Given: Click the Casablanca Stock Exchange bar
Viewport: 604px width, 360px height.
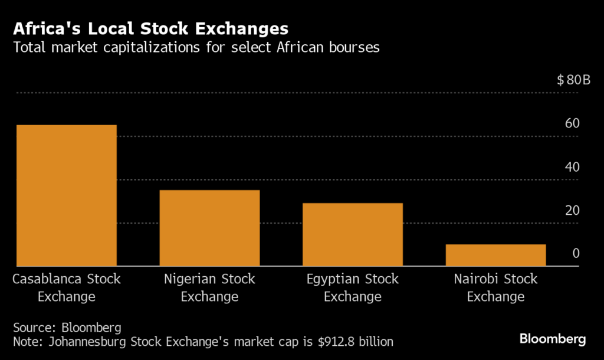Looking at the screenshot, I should [x=67, y=195].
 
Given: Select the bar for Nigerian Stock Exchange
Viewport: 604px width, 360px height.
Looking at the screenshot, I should [x=209, y=228].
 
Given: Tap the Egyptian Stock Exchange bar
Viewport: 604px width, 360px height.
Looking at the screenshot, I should [x=353, y=234].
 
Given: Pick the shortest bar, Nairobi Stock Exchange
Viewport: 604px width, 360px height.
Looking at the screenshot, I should [x=495, y=255].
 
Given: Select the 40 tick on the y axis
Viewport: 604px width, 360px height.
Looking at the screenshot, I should [x=572, y=167].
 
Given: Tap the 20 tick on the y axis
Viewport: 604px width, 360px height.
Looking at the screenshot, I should [x=572, y=211].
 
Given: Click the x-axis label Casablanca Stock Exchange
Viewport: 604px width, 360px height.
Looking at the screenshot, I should [x=67, y=287].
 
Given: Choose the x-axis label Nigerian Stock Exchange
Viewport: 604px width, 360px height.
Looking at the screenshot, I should [x=209, y=287].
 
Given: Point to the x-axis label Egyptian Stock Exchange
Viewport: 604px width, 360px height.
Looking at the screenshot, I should [x=353, y=287].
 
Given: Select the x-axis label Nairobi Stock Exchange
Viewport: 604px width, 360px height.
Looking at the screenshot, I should [x=495, y=287].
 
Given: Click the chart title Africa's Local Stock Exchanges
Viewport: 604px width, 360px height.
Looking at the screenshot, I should [x=151, y=28].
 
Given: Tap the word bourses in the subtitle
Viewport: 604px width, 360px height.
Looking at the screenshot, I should [x=351, y=48].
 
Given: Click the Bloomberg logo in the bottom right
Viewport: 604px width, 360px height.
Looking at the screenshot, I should [x=552, y=339].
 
